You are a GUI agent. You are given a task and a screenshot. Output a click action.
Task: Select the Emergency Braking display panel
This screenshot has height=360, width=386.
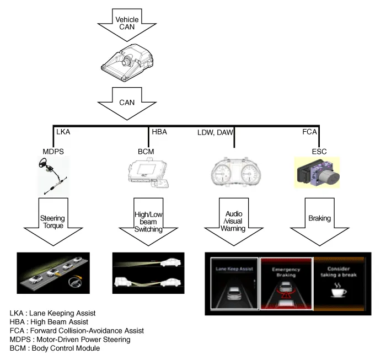pyautogui.click(x=286, y=283)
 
